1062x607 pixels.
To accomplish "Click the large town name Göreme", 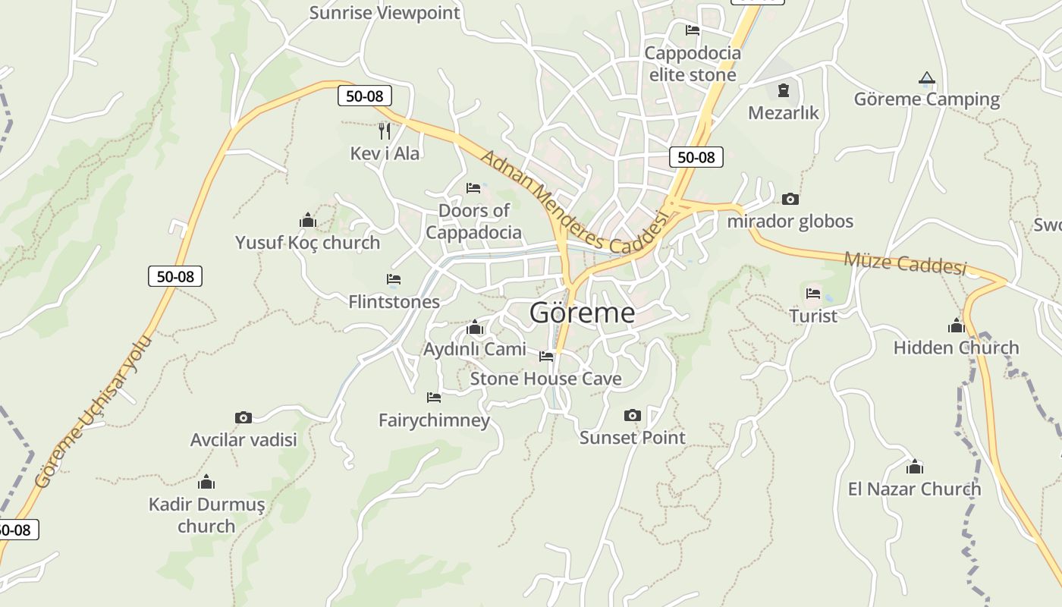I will pyautogui.click(x=582, y=313).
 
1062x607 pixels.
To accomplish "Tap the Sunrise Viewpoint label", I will pyautogui.click(x=385, y=13).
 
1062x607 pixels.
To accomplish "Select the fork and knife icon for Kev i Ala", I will pyautogui.click(x=385, y=131).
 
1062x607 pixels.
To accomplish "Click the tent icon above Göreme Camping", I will pyautogui.click(x=926, y=78).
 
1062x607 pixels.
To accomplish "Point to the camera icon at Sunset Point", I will pyautogui.click(x=632, y=415).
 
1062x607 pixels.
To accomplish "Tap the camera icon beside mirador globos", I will pyautogui.click(x=790, y=199).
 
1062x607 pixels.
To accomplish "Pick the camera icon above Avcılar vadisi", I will pyautogui.click(x=243, y=417).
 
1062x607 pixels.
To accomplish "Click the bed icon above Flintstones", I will pyautogui.click(x=393, y=279).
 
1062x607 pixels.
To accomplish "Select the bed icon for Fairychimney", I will pyautogui.click(x=434, y=397).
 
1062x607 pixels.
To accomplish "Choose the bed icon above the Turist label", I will pyautogui.click(x=813, y=293).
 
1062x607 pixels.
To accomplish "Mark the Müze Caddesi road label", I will pyautogui.click(x=905, y=263).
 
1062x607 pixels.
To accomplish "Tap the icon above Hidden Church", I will pyautogui.click(x=956, y=326).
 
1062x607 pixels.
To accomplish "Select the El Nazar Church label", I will pyautogui.click(x=914, y=489).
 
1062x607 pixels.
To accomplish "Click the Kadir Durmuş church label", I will pyautogui.click(x=206, y=514).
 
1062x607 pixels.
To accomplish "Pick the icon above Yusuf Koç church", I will pyautogui.click(x=307, y=220).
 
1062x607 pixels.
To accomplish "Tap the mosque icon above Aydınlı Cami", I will pyautogui.click(x=475, y=327).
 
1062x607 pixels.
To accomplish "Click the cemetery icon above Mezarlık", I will pyautogui.click(x=783, y=91).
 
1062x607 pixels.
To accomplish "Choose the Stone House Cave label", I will pyautogui.click(x=545, y=379).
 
